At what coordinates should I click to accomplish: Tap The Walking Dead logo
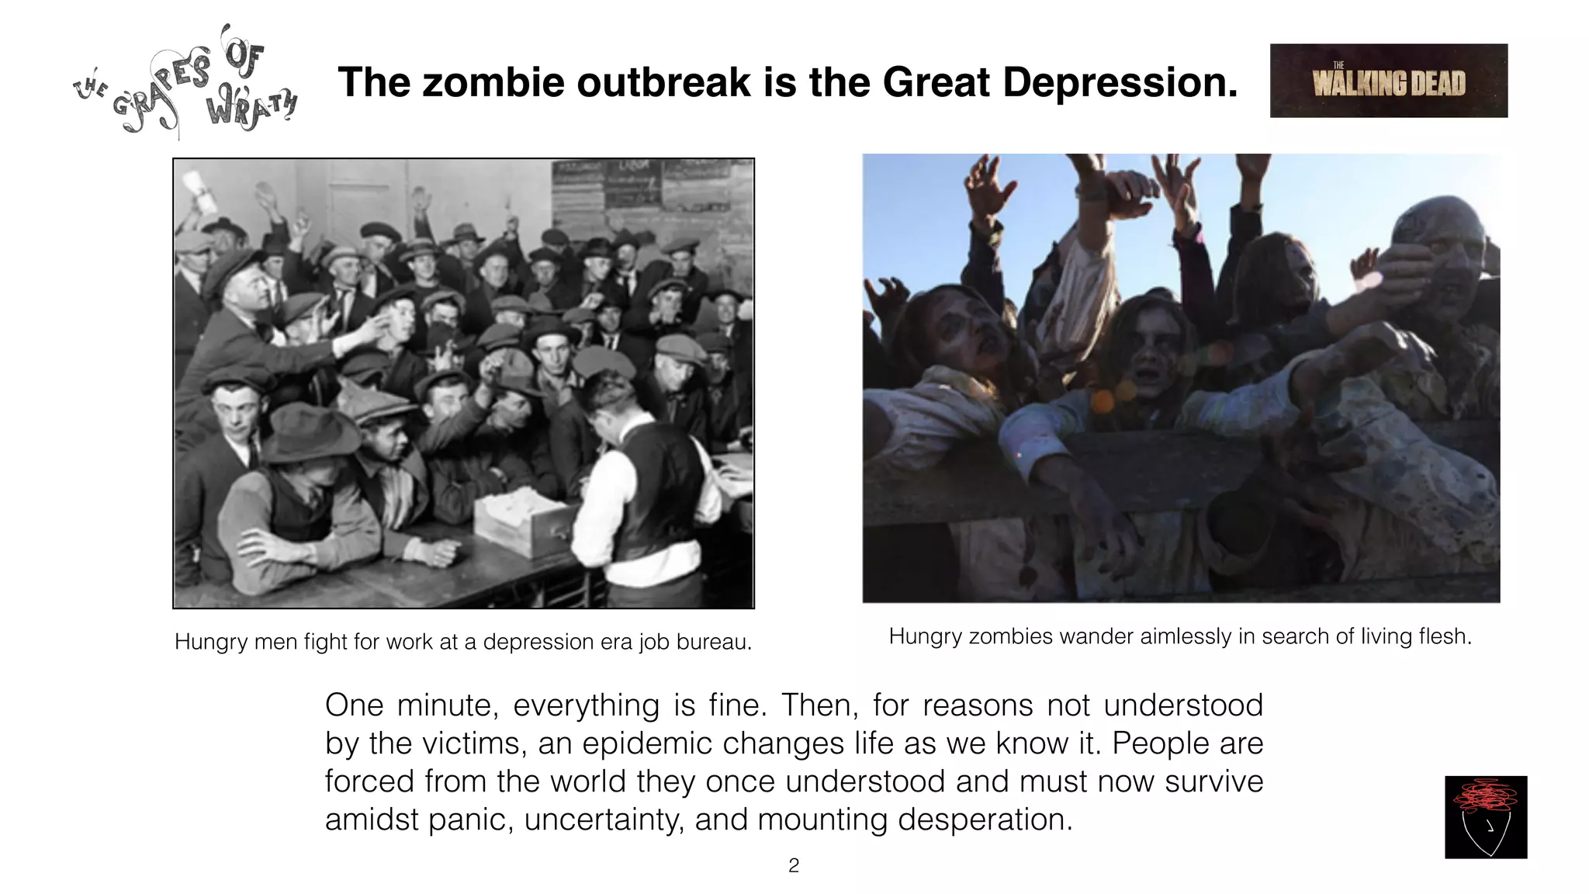(x=1388, y=81)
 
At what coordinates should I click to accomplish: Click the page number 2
(x=793, y=865)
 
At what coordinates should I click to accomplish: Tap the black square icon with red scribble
(x=1485, y=816)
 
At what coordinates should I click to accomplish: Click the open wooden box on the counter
(x=524, y=521)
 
